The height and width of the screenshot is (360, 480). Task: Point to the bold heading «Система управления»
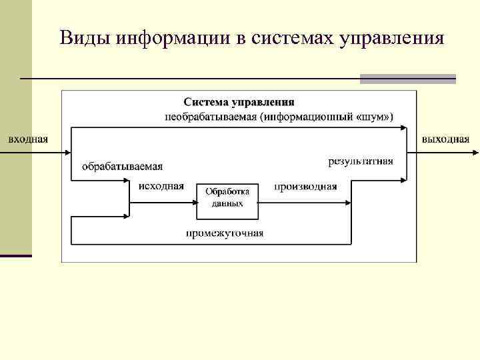pyautogui.click(x=239, y=102)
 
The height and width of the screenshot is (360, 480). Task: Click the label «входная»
pyautogui.click(x=27, y=139)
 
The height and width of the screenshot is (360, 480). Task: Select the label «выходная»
pyautogui.click(x=445, y=139)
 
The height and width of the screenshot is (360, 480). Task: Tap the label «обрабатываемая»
pyautogui.click(x=122, y=166)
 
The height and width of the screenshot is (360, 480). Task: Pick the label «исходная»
pyautogui.click(x=161, y=186)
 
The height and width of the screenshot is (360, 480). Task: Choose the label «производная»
pyautogui.click(x=305, y=186)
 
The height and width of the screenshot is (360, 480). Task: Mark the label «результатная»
pyautogui.click(x=361, y=161)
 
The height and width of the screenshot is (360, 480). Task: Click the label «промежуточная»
pyautogui.click(x=225, y=233)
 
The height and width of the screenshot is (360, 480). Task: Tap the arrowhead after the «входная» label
pyautogui.click(x=67, y=153)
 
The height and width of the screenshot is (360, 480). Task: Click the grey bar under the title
pyautogui.click(x=407, y=79)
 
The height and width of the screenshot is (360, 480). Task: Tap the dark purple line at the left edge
pyautogui.click(x=16, y=255)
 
